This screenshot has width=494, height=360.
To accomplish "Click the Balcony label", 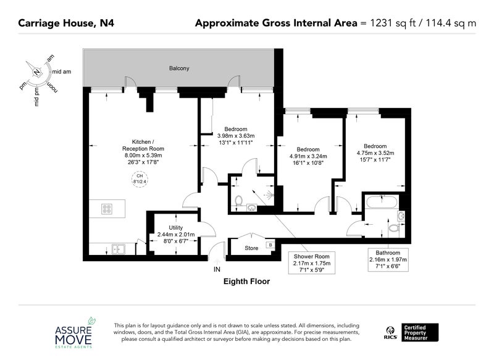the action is (179, 69).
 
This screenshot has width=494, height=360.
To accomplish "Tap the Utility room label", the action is (175, 228).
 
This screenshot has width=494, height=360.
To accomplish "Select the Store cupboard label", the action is (251, 248).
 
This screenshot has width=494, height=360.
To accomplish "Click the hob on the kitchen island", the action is (107, 209).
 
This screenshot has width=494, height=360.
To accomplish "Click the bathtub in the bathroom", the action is (382, 202).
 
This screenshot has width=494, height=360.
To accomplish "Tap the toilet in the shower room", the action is (239, 201).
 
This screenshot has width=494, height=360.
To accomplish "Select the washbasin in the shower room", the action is (252, 208).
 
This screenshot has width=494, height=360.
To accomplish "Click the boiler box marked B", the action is (270, 245).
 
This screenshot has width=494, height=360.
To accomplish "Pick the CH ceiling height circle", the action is (140, 179).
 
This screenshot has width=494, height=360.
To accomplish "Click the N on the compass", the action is (37, 72).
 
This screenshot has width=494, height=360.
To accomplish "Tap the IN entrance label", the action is (217, 269).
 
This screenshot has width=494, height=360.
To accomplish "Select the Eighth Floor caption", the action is (246, 281).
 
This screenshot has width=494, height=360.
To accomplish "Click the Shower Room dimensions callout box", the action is (312, 263).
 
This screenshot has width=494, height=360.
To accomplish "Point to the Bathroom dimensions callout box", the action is (388, 259).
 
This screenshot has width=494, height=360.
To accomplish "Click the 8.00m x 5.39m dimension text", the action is (143, 155).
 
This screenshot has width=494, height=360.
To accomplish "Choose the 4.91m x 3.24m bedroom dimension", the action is (308, 156).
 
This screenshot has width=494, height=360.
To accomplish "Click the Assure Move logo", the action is (73, 333).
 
